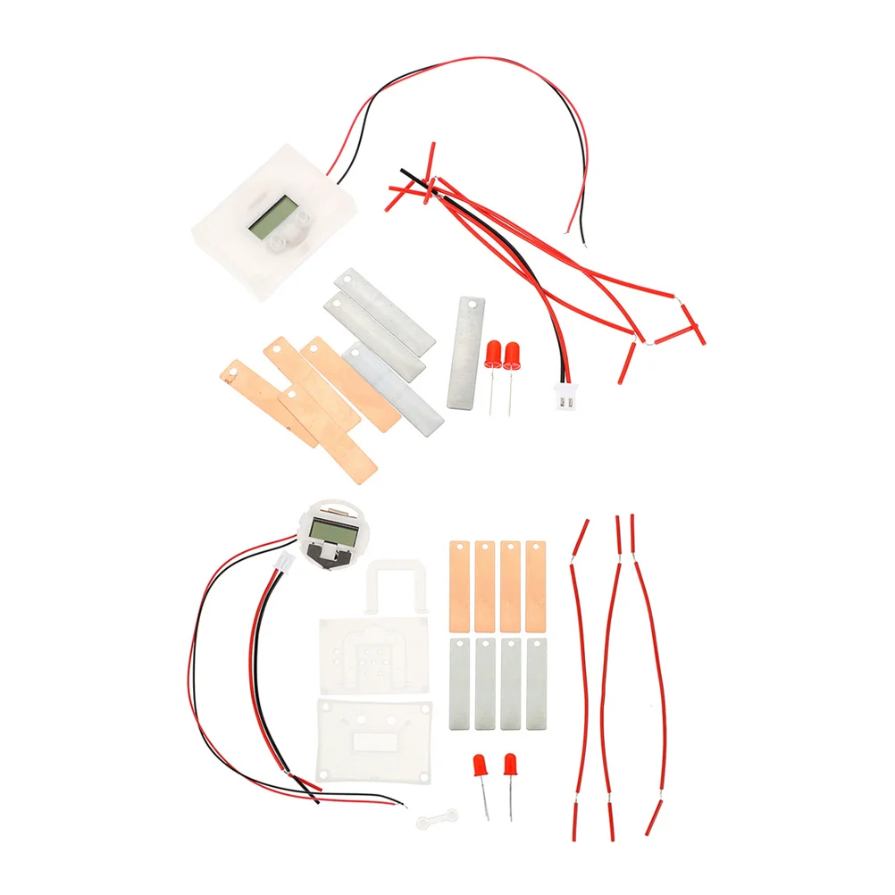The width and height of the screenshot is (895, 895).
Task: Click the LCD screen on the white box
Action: pos(273,217)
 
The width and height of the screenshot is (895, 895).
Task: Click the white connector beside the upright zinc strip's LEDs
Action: pos(565,402)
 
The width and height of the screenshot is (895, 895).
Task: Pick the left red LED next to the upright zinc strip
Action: pos(493,355)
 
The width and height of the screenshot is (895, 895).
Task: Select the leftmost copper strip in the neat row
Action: pos(459,585)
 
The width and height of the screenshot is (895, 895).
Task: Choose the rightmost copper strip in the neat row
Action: pos(536,585)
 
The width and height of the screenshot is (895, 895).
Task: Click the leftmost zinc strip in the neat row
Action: pos(459,683)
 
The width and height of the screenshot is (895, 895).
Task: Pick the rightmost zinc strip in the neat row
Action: pos(536,683)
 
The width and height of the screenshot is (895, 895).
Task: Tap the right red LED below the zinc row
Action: pos(510,765)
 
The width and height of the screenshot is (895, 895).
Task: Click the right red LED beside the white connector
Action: pos(513,355)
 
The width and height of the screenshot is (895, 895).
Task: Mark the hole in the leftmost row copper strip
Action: pos(459,548)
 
